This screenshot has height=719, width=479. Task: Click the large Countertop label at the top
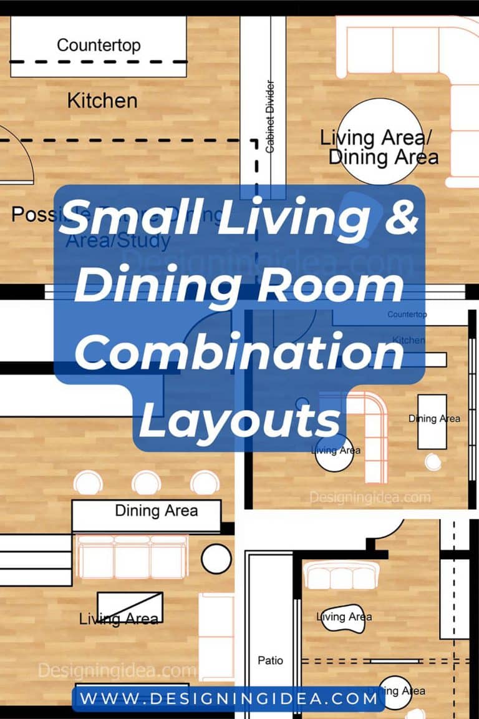click(99, 46)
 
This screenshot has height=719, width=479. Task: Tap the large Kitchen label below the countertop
click(102, 100)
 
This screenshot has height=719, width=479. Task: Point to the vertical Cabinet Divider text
click(270, 117)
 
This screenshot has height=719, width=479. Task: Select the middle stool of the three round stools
click(147, 483)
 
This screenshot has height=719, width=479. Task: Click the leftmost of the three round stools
click(88, 483)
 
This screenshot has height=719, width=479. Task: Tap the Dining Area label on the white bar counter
click(156, 511)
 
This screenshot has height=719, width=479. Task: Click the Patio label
click(270, 660)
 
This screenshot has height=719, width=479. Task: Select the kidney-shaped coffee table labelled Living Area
click(344, 617)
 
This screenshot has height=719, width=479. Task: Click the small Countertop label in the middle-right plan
click(407, 315)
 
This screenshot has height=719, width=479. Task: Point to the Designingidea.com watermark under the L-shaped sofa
click(370, 497)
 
